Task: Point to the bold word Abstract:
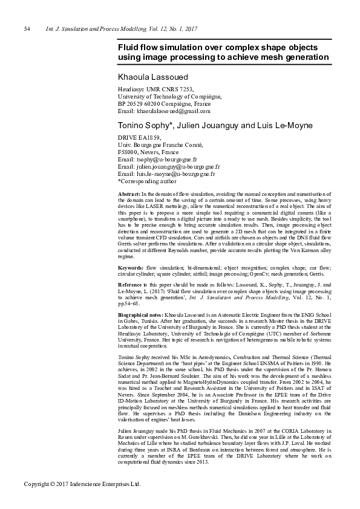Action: [129, 192]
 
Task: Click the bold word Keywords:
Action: [130, 267]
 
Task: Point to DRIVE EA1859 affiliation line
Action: [139, 138]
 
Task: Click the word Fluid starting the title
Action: [129, 47]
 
